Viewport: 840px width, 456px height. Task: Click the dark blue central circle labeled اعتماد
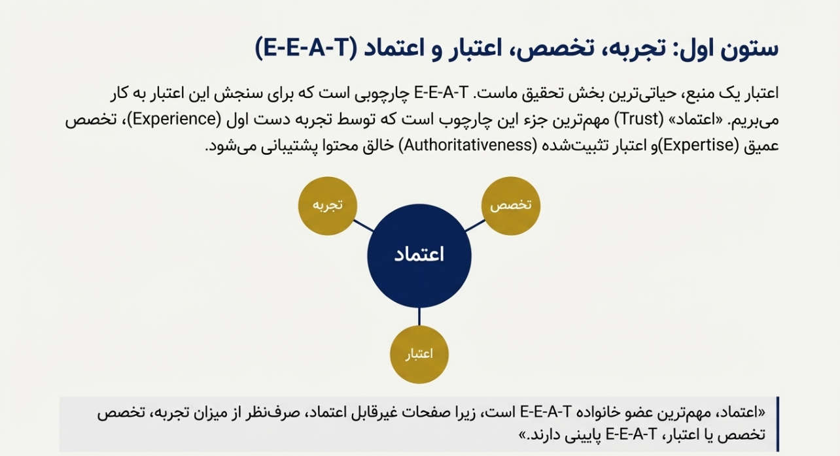(419, 255)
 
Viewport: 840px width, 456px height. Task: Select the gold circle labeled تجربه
(327, 206)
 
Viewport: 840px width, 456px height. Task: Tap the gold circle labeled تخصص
(510, 206)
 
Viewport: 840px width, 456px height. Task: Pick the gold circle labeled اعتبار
(419, 354)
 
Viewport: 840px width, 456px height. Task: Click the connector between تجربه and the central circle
(363, 226)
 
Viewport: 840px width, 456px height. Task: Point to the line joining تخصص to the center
(475, 226)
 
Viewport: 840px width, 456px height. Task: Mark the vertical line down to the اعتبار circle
(419, 317)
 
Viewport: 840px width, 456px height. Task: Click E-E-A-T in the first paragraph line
(442, 93)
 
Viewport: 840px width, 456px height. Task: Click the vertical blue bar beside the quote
(777, 424)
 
